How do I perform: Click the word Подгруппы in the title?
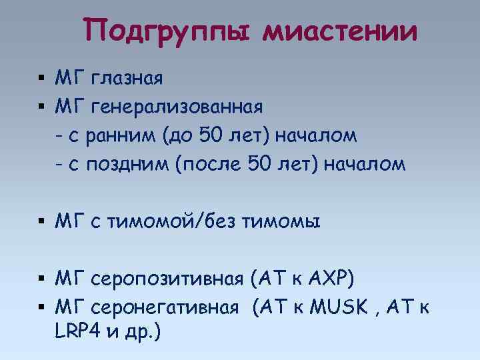[x=169, y=31]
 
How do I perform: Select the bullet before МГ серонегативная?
[x=41, y=308]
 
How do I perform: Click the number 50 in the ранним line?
[x=213, y=136]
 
